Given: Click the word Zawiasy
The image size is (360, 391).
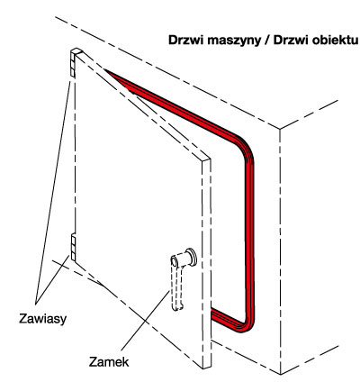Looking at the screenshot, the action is coord(42,319).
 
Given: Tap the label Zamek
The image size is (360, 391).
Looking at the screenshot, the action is coord(109,362).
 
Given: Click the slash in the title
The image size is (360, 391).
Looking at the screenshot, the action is coord(267,41).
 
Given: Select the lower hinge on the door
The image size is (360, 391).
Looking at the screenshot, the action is coord(73,248).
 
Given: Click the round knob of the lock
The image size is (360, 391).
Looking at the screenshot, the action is coord(191,256).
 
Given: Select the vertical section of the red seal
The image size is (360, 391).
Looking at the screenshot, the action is coord(250,234).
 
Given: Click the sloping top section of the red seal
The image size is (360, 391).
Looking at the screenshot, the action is coord(171,104).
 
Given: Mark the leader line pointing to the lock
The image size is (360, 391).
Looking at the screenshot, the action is coord(144,321).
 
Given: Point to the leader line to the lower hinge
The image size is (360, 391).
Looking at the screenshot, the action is coord(52,278).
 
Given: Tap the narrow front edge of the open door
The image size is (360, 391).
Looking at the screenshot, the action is coord(207,263).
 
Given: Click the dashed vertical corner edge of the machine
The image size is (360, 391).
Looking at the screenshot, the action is coord(281,251).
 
